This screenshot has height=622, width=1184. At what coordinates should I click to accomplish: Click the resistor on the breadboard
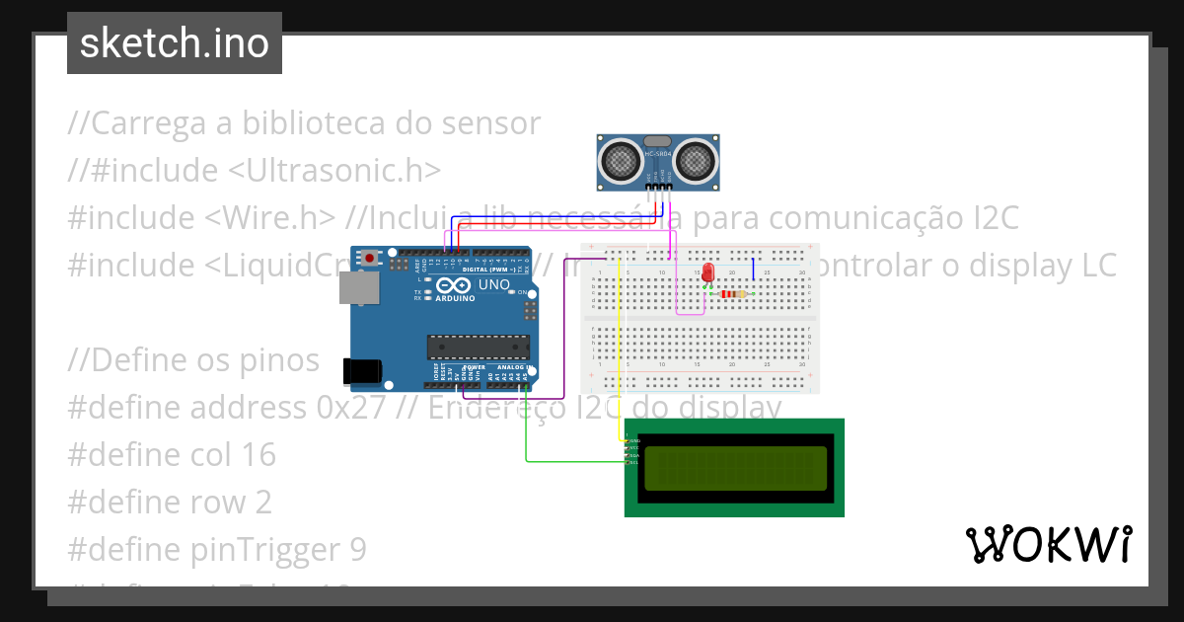coord(732,293)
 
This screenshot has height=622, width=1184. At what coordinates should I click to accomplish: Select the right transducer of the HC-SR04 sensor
coord(696,157)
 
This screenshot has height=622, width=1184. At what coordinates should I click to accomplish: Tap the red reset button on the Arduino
coord(370,259)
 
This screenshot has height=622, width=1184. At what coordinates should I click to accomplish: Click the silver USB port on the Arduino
coord(356,287)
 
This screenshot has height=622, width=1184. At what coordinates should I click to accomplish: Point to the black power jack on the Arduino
coord(359,370)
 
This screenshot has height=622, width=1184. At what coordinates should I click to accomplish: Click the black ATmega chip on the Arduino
coord(479,346)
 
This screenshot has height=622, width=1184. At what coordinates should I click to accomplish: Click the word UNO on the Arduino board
coord(493,285)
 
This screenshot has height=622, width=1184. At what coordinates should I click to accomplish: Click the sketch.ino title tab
coord(175,43)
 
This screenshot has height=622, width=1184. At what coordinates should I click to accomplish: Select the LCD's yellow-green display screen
coord(735,468)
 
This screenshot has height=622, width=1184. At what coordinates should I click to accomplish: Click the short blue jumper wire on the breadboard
coord(754,270)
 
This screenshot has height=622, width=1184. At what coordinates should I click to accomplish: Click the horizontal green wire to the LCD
coord(572,460)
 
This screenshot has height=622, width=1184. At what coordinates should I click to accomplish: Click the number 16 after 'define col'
coord(256,454)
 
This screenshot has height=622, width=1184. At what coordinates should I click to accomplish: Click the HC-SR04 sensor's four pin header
coord(659,185)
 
